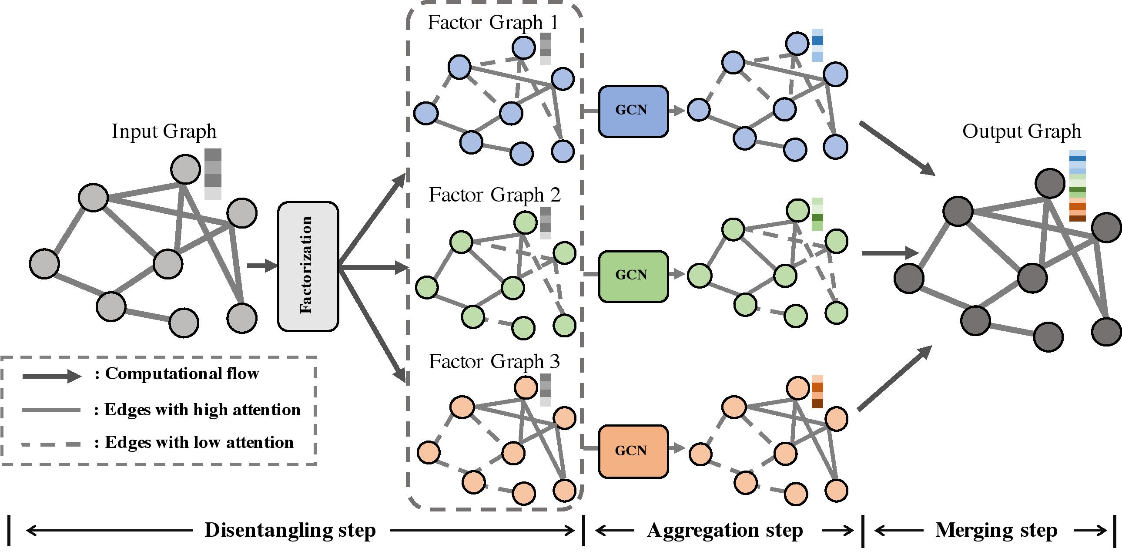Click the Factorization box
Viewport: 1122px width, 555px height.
(308, 266)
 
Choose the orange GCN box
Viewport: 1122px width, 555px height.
(633, 451)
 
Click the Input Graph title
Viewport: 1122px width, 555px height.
(164, 131)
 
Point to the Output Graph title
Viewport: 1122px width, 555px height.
(1022, 131)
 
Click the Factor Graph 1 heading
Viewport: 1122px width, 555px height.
(492, 23)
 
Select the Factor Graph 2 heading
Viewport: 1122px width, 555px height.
(494, 195)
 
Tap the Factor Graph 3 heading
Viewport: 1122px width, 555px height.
(494, 362)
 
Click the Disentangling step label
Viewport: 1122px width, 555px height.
(290, 530)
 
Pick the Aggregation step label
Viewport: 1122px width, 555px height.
(725, 530)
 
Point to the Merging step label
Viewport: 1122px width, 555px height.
(996, 530)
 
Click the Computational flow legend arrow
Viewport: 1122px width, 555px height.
(51, 376)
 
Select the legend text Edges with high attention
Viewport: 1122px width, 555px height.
(203, 410)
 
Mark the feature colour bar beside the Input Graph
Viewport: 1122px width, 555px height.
(213, 174)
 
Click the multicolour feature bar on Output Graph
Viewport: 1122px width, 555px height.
(1077, 186)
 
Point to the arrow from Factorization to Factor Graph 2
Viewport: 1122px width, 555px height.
(375, 267)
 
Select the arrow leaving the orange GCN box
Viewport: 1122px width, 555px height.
(676, 448)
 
